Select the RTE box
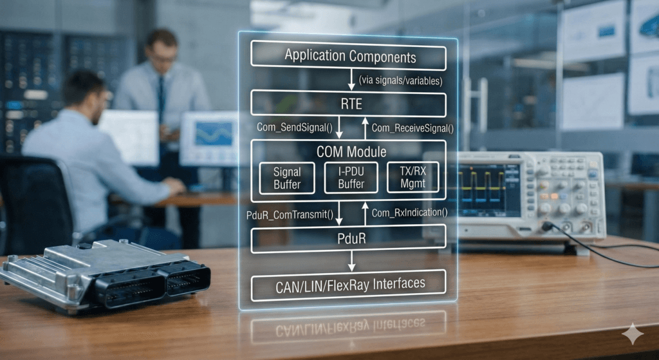[x=348, y=103]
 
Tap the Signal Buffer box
[x=286, y=178]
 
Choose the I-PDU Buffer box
[x=351, y=178]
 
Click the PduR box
[x=348, y=239]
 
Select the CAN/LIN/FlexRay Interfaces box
[x=348, y=283]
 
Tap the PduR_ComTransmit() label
[x=289, y=213]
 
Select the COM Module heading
[x=351, y=152]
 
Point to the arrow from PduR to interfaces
[x=351, y=261]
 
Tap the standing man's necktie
[x=161, y=97]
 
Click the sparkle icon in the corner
[x=632, y=334]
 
